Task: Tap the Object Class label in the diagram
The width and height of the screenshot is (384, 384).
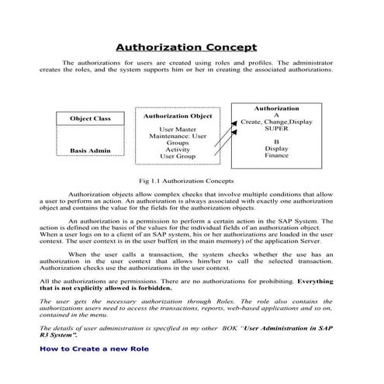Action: pos(91,119)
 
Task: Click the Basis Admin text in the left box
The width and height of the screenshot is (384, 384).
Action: pos(90,150)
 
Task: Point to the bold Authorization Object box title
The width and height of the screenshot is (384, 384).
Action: pos(178,116)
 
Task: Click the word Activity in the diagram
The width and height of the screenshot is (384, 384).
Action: pos(178,150)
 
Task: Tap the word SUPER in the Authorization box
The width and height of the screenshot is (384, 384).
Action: pos(276,130)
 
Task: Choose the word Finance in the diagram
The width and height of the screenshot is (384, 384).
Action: pos(276,156)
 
